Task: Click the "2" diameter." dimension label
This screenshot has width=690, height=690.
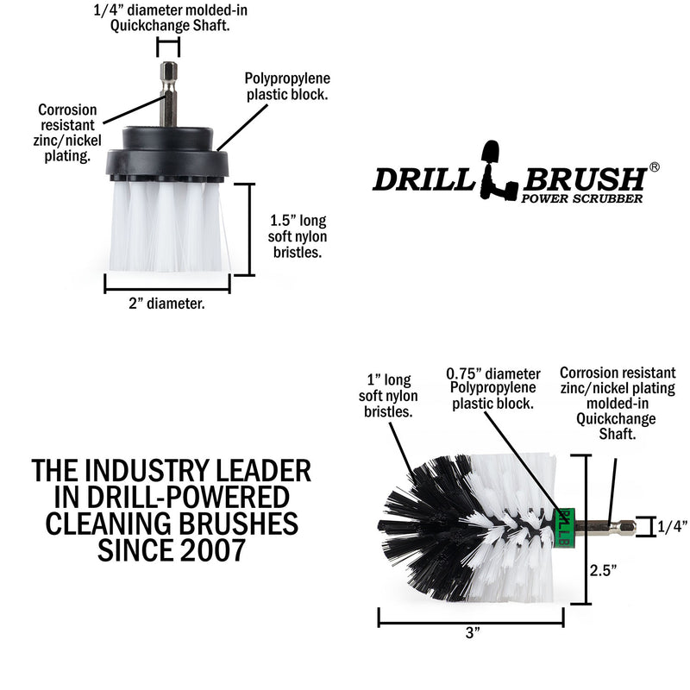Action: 167,303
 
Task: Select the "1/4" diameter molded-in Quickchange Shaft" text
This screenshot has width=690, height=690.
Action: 168,17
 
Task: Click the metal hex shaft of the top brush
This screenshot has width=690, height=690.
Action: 168,95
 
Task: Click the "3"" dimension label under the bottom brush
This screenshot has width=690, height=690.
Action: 471,632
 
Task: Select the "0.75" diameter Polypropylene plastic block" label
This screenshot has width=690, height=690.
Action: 493,388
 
